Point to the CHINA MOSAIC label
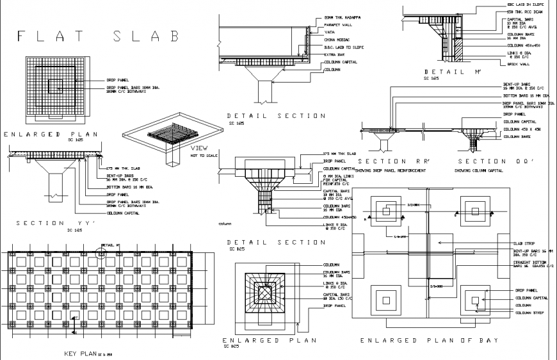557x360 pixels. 338,40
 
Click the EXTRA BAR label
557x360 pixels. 335,55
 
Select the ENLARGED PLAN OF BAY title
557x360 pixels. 428,341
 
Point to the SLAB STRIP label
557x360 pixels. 525,244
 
